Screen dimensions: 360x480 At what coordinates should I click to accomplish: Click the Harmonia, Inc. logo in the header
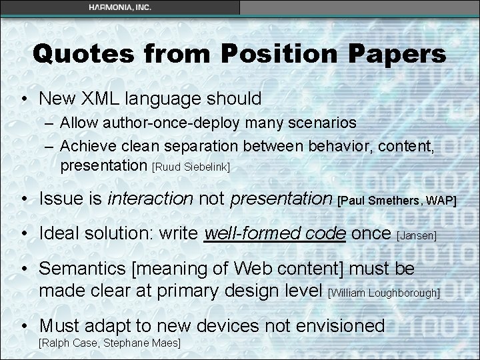pos(120,7)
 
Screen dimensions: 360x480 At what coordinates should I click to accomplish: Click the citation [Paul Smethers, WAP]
pos(397,199)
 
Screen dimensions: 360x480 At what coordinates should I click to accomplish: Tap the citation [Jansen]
pos(417,235)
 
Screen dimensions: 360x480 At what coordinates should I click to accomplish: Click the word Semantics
pos(82,269)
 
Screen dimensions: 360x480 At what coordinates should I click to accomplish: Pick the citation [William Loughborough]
pos(385,293)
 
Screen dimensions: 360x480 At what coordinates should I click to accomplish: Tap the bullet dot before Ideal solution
pos(24,234)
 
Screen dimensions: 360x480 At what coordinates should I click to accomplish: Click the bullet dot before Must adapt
pos(24,326)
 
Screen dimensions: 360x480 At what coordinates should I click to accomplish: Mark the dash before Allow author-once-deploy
pos(50,123)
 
